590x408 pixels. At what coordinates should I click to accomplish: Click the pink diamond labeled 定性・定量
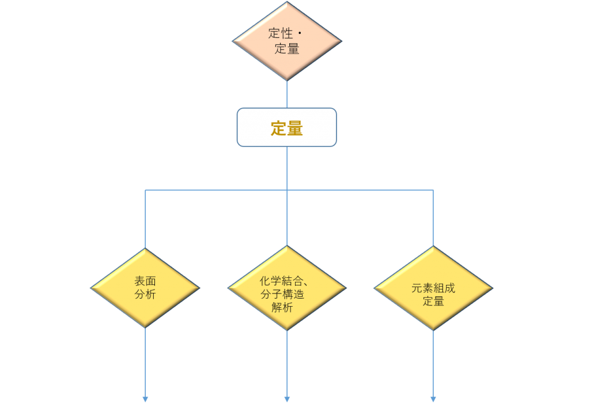click(x=287, y=41)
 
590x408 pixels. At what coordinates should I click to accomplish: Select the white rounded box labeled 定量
click(x=287, y=127)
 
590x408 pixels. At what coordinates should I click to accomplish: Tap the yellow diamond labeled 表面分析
click(x=145, y=288)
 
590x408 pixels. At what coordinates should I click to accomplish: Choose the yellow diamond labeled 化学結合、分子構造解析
click(x=287, y=288)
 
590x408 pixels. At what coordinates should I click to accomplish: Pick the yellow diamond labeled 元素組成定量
click(x=433, y=288)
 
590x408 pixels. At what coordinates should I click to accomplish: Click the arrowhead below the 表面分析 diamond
click(x=145, y=399)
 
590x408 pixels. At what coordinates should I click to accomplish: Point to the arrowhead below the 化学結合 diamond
click(x=287, y=399)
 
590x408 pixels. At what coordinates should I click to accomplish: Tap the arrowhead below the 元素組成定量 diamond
click(x=433, y=399)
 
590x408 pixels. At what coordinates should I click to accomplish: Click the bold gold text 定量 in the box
click(x=287, y=128)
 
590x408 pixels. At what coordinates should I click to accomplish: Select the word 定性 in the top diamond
click(x=281, y=33)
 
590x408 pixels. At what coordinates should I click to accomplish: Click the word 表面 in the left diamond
click(x=145, y=281)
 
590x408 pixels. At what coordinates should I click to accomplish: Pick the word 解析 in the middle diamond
click(x=282, y=307)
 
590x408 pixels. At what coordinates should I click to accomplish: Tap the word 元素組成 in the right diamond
click(x=433, y=288)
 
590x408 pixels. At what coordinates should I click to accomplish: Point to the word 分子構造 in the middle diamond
click(x=282, y=294)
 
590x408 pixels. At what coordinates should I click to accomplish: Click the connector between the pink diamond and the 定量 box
click(x=287, y=94)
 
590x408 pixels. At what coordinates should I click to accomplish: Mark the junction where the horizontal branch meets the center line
click(x=287, y=190)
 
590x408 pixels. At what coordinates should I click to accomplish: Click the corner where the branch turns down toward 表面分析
click(x=145, y=190)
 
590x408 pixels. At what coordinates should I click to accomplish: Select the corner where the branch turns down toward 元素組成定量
click(x=433, y=190)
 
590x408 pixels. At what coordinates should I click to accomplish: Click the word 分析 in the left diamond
click(x=145, y=294)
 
